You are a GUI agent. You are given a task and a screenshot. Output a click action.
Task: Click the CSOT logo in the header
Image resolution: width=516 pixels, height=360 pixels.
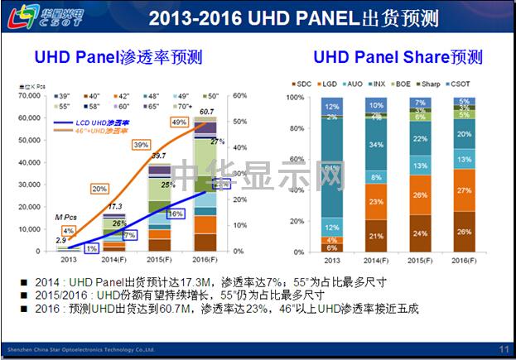(x=39, y=17)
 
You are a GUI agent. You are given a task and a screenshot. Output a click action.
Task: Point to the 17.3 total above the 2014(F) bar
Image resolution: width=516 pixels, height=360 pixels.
(x=116, y=206)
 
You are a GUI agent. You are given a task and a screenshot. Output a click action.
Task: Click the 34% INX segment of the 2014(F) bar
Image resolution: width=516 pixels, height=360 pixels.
(x=377, y=146)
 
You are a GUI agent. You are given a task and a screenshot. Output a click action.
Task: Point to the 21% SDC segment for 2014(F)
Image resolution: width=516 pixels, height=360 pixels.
(x=377, y=236)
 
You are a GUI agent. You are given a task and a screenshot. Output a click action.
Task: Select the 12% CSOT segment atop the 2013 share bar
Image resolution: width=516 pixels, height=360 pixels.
(x=333, y=107)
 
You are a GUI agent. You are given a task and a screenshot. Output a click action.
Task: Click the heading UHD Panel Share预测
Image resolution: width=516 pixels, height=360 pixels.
(x=398, y=57)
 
